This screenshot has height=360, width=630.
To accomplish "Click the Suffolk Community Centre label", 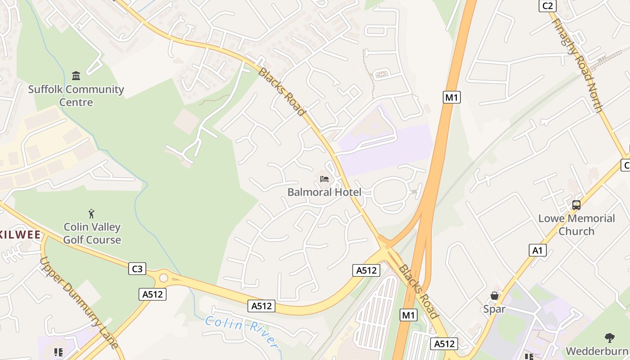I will point(76,96).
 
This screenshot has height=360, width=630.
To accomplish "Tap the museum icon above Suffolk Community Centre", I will point(76,76).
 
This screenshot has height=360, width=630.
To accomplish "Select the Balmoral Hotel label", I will point(324,192).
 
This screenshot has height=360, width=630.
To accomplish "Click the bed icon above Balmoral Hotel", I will point(324,179).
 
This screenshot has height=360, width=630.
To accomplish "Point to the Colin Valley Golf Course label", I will point(92,233).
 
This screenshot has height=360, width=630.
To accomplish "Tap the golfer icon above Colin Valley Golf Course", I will point(92,213).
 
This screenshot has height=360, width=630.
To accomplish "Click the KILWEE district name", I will point(20,234).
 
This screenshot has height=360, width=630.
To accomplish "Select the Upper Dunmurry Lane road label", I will point(78,303).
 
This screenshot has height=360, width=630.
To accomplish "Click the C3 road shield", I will point(137,269).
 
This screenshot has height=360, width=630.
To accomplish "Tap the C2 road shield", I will point(548,6).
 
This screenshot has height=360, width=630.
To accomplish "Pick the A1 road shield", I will point(538,250).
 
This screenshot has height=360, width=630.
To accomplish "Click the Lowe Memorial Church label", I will point(576,225).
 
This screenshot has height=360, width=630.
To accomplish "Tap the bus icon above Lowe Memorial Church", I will point(576,205).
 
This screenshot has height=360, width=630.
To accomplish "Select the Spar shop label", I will point(494,309).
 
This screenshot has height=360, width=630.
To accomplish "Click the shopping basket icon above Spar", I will point(494,296).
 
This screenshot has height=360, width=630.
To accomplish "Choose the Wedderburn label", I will point(597,351).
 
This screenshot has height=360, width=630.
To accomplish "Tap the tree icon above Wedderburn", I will point(610,337).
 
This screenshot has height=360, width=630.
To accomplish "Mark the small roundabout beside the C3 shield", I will point(163,278).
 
